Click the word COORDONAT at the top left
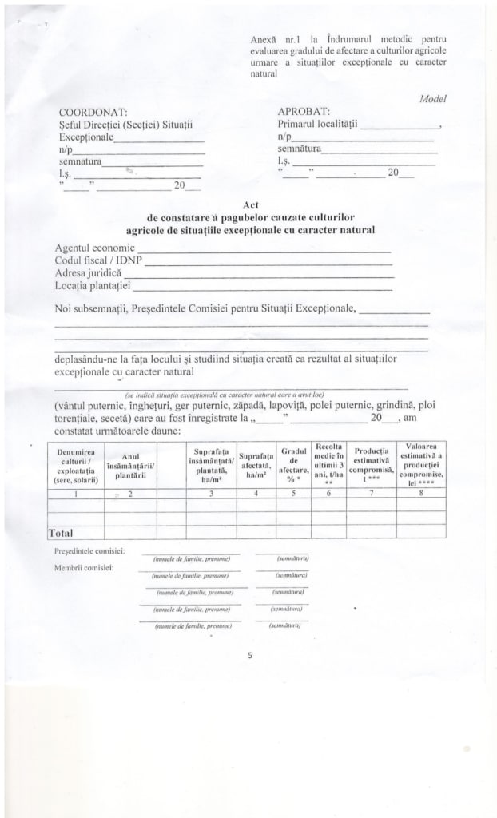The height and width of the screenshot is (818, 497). coord(93,112)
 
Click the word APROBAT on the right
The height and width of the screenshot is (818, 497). coord(304,112)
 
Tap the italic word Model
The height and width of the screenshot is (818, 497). coord(432,99)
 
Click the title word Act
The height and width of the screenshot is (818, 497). coord(249,205)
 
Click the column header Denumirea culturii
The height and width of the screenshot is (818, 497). coord(77,467)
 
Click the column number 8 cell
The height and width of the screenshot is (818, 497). coord(420,493)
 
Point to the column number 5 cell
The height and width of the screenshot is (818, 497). coord(293,493)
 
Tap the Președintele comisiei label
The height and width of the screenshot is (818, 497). coord(90,552)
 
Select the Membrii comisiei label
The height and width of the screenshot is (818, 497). coord(84,568)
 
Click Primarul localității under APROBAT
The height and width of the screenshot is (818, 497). coord(318,125)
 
